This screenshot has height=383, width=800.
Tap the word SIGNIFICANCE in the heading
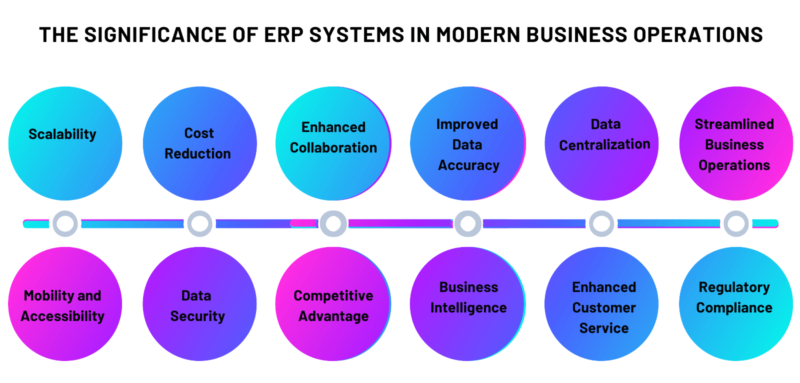point(155,34)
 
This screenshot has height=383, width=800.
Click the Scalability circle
point(65,143)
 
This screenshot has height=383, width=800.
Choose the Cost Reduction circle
point(199,143)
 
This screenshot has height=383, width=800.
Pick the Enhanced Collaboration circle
point(333,143)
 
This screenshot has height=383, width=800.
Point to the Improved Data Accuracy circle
point(468,143)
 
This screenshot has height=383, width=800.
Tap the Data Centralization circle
point(601,143)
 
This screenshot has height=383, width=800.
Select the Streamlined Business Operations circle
point(736,143)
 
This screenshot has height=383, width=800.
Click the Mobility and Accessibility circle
point(65,303)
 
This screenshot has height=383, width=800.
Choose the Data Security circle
point(199,303)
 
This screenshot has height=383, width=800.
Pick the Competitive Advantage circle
point(333,303)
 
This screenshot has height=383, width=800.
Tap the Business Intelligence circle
point(468,303)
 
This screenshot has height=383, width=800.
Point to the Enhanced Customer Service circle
point(601,303)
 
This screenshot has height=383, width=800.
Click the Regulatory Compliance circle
point(736,303)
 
